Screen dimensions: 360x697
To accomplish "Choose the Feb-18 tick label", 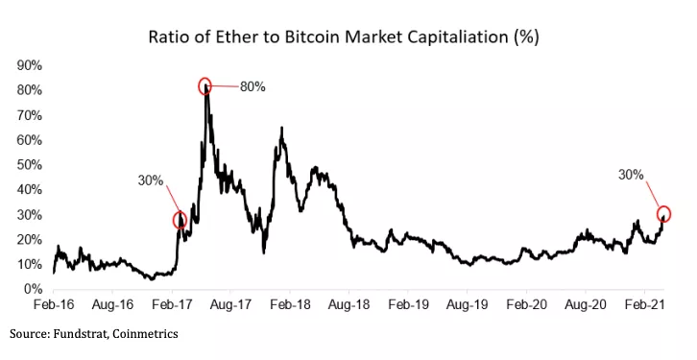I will (x=290, y=303).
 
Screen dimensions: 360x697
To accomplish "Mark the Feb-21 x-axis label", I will (x=645, y=303).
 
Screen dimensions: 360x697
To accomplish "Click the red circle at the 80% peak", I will (x=205, y=86).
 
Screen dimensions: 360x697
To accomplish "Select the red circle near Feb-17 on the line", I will (x=180, y=220).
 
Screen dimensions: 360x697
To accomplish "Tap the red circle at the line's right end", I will (x=663, y=214).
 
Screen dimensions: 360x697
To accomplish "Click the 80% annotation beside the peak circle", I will (x=252, y=86).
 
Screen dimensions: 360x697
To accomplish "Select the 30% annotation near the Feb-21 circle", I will (x=631, y=175).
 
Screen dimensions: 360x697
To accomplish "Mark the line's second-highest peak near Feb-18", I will (x=280, y=129).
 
